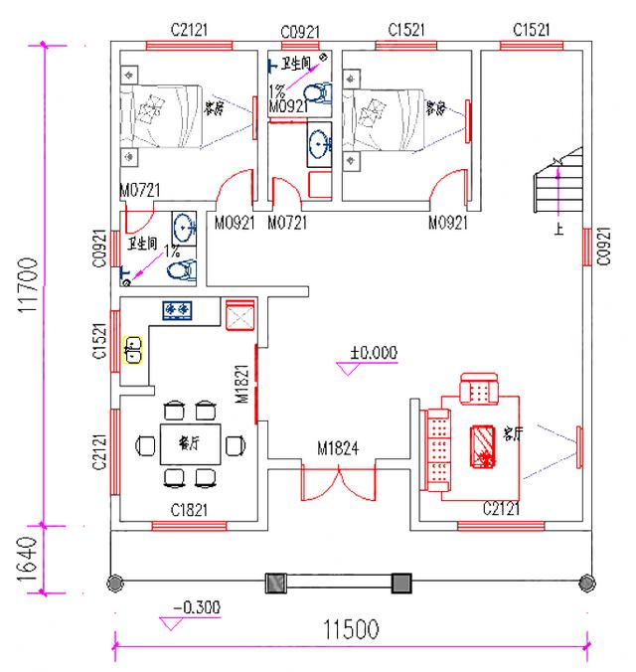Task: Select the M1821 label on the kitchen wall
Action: click(x=241, y=384)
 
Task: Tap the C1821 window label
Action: click(x=190, y=510)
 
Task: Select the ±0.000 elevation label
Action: click(x=373, y=352)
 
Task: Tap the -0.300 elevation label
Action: click(x=196, y=607)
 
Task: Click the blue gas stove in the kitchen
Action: click(x=178, y=311)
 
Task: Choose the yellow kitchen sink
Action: click(x=133, y=350)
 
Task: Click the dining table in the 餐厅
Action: click(x=190, y=443)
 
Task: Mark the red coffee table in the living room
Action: click(x=482, y=444)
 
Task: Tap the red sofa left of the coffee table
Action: click(x=435, y=446)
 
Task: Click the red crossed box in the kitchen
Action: click(x=240, y=315)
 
